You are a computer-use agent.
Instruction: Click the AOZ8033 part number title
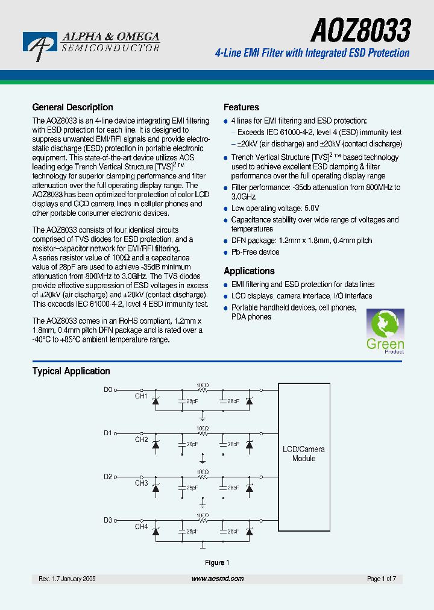coord(360,30)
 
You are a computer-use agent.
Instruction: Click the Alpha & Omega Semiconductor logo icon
coord(40,44)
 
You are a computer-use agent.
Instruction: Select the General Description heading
coord(72,107)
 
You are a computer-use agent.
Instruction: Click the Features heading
coord(241,107)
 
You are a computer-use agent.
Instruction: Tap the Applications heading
coord(249,271)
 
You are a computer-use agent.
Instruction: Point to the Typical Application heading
coord(71,371)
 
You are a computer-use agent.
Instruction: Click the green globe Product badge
coord(385,332)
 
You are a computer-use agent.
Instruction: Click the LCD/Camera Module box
coord(304,454)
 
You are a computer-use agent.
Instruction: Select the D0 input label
coord(108,389)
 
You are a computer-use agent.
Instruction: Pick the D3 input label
coord(108,520)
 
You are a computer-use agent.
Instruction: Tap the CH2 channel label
coord(141,440)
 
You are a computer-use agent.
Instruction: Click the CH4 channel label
coord(141,527)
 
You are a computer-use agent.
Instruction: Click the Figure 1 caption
coord(217,563)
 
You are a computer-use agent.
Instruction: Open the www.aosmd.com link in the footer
coord(218,579)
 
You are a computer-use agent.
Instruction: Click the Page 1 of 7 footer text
coord(382,579)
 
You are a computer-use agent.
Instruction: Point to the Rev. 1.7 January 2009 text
coord(67,579)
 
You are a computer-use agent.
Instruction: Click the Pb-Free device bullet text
coord(255,253)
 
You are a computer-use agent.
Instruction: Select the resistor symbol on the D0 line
coord(203,390)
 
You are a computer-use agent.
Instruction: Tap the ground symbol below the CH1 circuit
coord(203,417)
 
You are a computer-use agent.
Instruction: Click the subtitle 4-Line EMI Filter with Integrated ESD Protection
coord(312,53)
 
